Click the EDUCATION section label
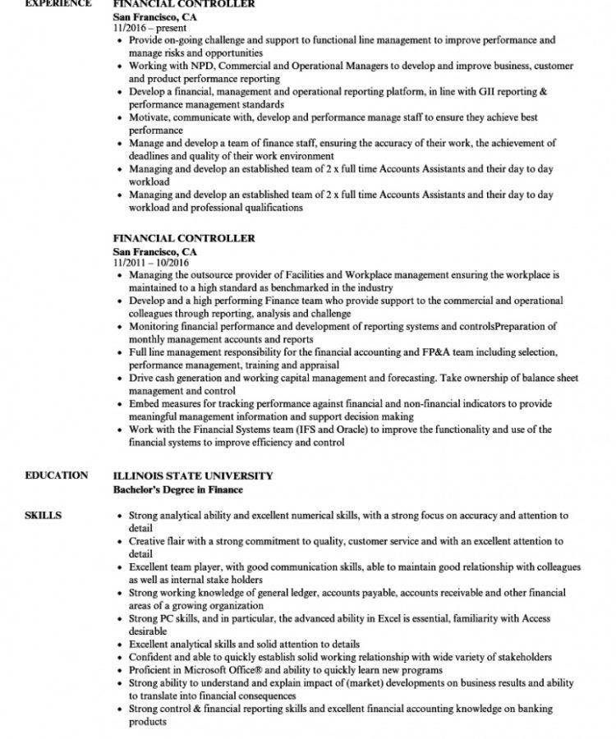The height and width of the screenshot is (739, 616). [x=57, y=475]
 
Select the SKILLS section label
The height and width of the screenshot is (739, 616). [x=43, y=516]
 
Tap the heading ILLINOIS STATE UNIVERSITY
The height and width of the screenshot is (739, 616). [x=193, y=475]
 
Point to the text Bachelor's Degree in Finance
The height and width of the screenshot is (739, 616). [x=178, y=489]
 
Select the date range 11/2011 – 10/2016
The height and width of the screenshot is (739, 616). [x=151, y=262]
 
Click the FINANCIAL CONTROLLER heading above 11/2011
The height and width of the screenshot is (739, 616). [x=184, y=238]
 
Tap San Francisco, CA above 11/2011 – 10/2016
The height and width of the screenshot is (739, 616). [x=155, y=250]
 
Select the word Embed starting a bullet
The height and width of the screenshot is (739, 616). [x=144, y=404]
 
